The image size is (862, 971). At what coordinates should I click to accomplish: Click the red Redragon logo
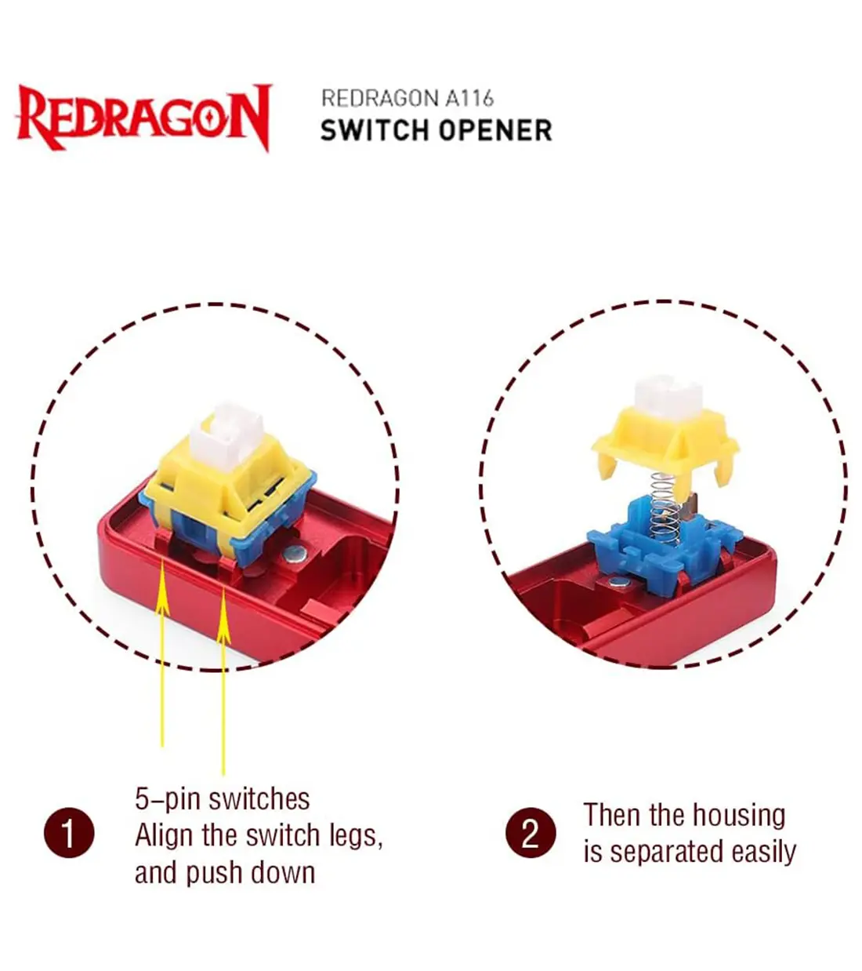[143, 118]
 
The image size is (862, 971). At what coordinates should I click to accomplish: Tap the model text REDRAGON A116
[407, 98]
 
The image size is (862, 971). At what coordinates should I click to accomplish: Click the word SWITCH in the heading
[375, 130]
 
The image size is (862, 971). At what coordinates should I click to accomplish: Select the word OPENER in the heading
[495, 130]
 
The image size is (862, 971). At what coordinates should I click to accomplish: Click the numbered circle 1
[69, 833]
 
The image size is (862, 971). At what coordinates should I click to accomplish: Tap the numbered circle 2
[530, 832]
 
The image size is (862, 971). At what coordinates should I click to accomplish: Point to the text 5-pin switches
[223, 799]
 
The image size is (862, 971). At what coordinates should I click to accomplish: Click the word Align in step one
[165, 836]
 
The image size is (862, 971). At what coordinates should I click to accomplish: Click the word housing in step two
[739, 815]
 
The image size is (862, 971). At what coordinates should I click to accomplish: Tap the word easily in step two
[763, 852]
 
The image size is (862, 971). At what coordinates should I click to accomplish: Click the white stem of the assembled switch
[226, 434]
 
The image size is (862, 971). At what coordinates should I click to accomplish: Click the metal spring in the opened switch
[665, 509]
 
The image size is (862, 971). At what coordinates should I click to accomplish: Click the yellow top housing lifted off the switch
[665, 443]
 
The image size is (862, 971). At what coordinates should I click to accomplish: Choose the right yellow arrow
[223, 681]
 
